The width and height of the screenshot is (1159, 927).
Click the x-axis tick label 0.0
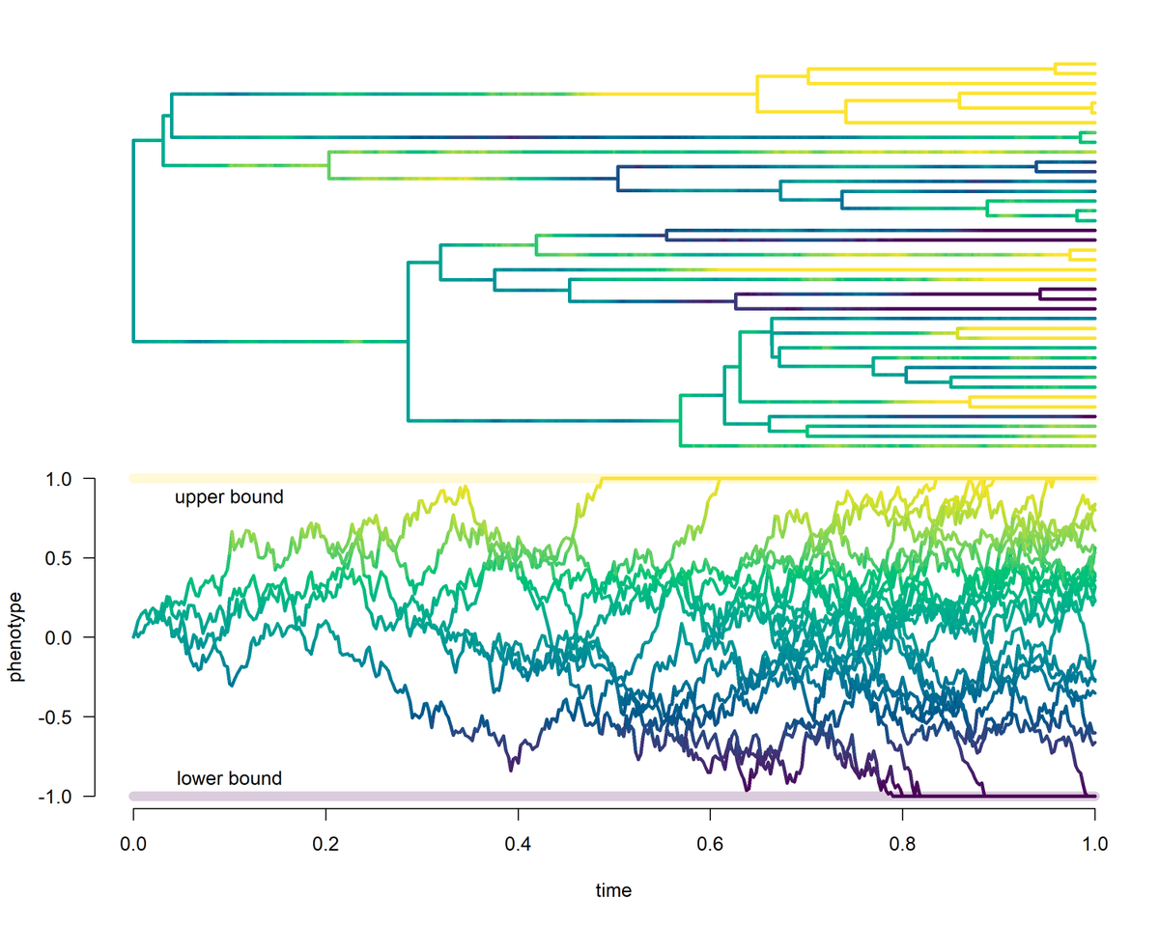133,842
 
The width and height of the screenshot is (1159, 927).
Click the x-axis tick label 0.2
325,842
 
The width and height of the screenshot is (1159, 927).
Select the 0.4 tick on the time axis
518,842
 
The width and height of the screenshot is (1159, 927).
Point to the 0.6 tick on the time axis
710,842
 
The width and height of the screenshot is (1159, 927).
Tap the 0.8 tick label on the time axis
902,842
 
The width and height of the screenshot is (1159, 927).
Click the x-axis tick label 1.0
1094,842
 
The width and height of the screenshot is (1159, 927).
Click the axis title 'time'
613,890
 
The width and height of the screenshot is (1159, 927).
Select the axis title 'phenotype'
16,637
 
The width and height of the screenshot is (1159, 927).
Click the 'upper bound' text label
229,498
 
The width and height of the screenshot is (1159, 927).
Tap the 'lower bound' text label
229,778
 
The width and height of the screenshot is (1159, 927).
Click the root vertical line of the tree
133,241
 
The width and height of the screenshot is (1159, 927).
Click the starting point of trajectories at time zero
134,636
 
